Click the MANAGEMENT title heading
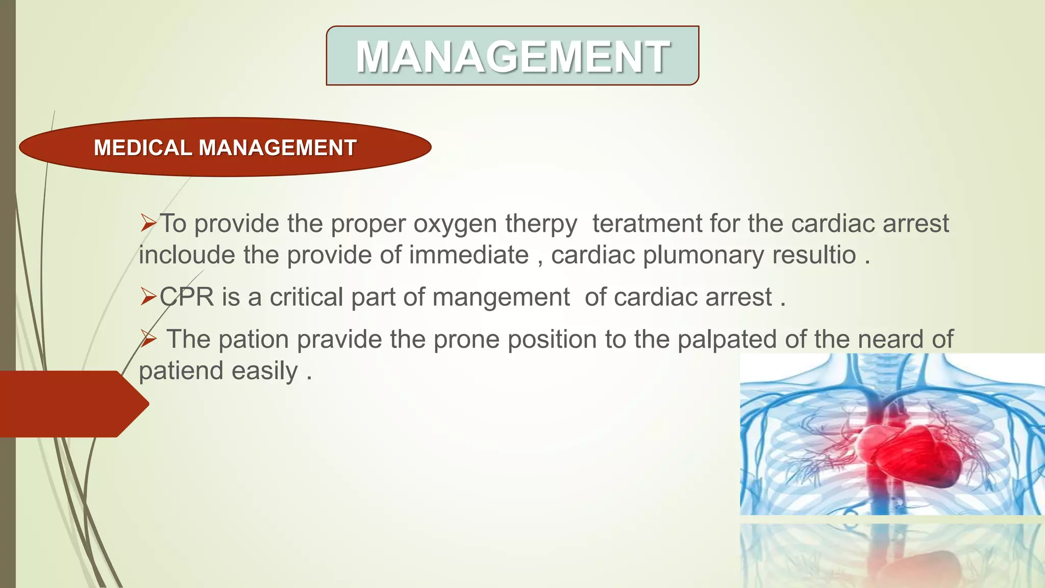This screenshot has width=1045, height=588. pyautogui.click(x=512, y=56)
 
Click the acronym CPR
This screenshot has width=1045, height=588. pyautogui.click(x=187, y=297)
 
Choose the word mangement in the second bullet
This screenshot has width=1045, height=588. pyautogui.click(x=501, y=297)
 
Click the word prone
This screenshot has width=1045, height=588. pyautogui.click(x=466, y=339)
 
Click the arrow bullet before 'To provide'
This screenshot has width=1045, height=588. pyautogui.click(x=148, y=223)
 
